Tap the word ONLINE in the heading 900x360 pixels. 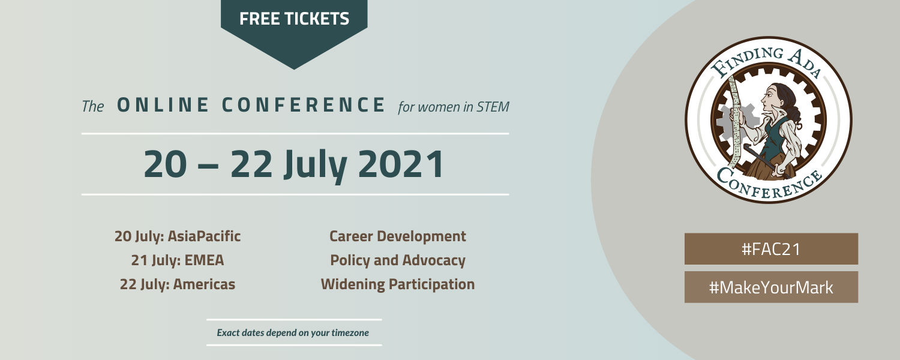pyautogui.click(x=163, y=105)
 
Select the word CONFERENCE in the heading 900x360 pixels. pyautogui.click(x=304, y=105)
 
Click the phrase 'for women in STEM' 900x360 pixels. pyautogui.click(x=454, y=107)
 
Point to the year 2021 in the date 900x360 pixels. pyautogui.click(x=401, y=164)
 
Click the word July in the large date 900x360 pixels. pyautogui.click(x=316, y=166)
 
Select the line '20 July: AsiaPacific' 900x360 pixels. pyautogui.click(x=178, y=236)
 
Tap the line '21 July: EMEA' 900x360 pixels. pyautogui.click(x=178, y=260)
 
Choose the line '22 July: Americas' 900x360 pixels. pyautogui.click(x=178, y=284)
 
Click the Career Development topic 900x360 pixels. pyautogui.click(x=398, y=236)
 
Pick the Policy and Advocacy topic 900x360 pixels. pyautogui.click(x=398, y=260)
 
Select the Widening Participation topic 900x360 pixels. pyautogui.click(x=398, y=284)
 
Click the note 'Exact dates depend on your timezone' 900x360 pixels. pyautogui.click(x=293, y=332)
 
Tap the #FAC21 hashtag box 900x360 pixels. pyautogui.click(x=772, y=249)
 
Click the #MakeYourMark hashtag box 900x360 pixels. pyautogui.click(x=772, y=287)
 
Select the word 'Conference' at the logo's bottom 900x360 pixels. pyautogui.click(x=769, y=185)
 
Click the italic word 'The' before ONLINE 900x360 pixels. pyautogui.click(x=93, y=106)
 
